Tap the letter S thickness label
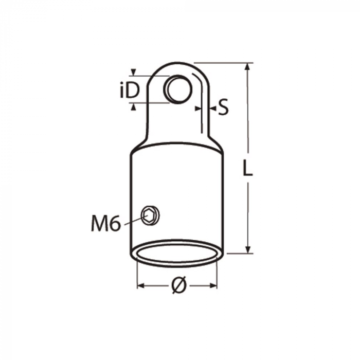click(x=222, y=107)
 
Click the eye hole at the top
click(x=178, y=89)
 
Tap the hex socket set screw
click(x=150, y=215)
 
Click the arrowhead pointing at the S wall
click(x=198, y=108)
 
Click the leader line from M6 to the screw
click(x=132, y=221)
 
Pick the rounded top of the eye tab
click(x=177, y=64)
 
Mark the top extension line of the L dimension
click(x=221, y=63)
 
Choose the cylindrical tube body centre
click(x=177, y=195)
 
